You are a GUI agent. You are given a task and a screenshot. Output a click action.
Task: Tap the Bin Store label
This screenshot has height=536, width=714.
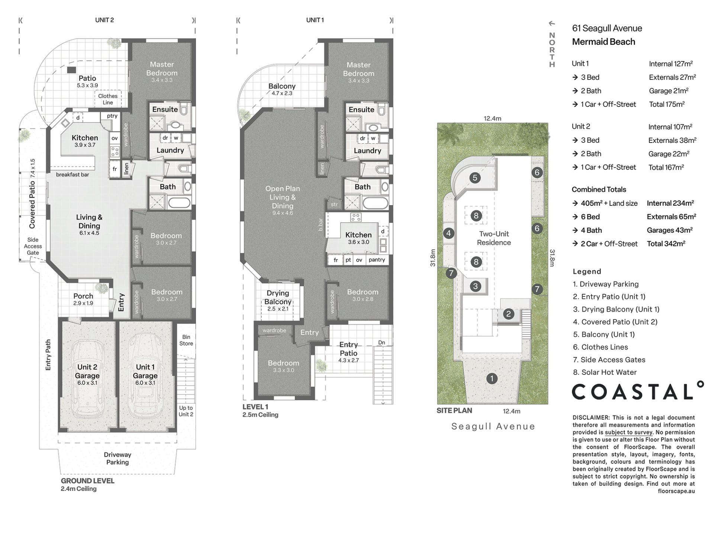(186, 340)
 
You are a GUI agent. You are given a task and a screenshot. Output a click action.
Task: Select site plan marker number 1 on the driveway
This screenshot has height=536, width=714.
(492, 379)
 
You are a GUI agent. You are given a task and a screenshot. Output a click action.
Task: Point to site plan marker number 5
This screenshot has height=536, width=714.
(475, 178)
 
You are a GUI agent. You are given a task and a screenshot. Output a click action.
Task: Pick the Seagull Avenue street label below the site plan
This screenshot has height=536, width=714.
(493, 426)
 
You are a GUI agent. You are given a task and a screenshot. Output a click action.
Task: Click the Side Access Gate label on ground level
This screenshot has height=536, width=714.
(33, 246)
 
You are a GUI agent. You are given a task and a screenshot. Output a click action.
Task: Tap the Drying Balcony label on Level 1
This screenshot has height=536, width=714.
(278, 297)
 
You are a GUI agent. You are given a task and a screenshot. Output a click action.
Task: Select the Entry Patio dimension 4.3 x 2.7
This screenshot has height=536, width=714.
(348, 360)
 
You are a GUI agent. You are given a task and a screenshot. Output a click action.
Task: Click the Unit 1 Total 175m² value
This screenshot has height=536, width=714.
(667, 104)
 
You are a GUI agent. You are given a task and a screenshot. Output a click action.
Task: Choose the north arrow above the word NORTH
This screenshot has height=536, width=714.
(552, 23)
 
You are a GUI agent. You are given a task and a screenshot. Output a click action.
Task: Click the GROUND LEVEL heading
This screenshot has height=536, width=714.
(88, 481)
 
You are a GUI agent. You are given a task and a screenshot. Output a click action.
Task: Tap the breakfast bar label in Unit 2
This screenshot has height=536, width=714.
(73, 175)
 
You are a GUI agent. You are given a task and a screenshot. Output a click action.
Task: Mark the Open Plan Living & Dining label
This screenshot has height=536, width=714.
(283, 197)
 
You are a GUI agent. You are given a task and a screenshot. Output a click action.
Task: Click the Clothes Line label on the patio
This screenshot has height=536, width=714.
(108, 99)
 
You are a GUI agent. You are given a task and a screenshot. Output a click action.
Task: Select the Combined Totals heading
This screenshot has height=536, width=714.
(599, 189)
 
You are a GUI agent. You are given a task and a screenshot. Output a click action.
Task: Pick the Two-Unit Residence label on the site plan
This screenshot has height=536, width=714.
(494, 238)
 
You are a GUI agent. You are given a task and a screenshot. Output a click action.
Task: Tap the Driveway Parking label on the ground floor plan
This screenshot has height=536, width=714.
(118, 458)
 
